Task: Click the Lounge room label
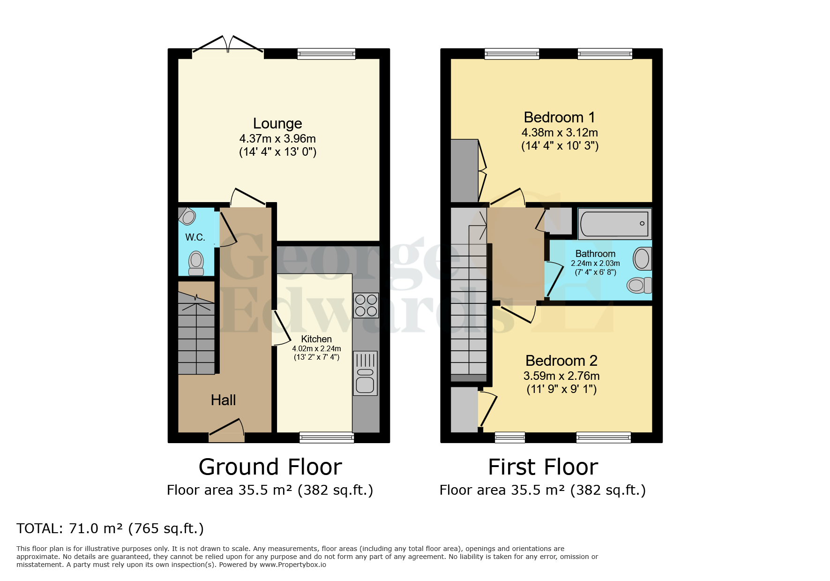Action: click(x=277, y=123)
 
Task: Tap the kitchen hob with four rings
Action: click(x=366, y=305)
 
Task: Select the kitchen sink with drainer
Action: click(x=365, y=373)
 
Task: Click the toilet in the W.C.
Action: click(x=196, y=264)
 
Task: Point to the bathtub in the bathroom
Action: click(x=614, y=224)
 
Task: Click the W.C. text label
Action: click(x=195, y=237)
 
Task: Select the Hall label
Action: click(x=223, y=400)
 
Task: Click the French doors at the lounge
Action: click(x=228, y=45)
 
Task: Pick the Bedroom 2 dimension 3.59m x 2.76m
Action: click(x=561, y=376)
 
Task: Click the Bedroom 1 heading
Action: click(x=559, y=117)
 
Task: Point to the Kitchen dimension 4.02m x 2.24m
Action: click(x=316, y=348)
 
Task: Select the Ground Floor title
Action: click(x=270, y=467)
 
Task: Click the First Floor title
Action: click(x=543, y=467)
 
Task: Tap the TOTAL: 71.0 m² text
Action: click(x=110, y=528)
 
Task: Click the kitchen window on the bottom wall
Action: click(x=327, y=438)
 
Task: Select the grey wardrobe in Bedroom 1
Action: click(x=464, y=171)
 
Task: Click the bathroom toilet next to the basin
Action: click(x=639, y=285)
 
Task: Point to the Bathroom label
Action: click(x=595, y=254)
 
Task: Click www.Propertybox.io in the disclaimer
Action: click(x=293, y=565)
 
